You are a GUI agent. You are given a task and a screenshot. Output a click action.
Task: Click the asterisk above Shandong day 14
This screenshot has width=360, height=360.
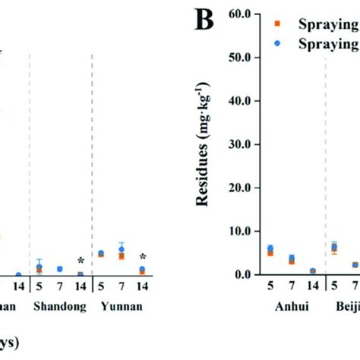80,261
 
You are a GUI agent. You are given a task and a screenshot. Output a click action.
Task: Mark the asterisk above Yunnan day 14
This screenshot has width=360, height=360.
142,257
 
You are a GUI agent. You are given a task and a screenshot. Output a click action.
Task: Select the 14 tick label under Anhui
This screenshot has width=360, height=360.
312,289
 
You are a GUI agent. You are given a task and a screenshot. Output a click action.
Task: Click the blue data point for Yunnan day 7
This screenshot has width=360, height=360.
122,249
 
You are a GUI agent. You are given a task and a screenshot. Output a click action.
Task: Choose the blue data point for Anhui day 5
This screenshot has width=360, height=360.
270,248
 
